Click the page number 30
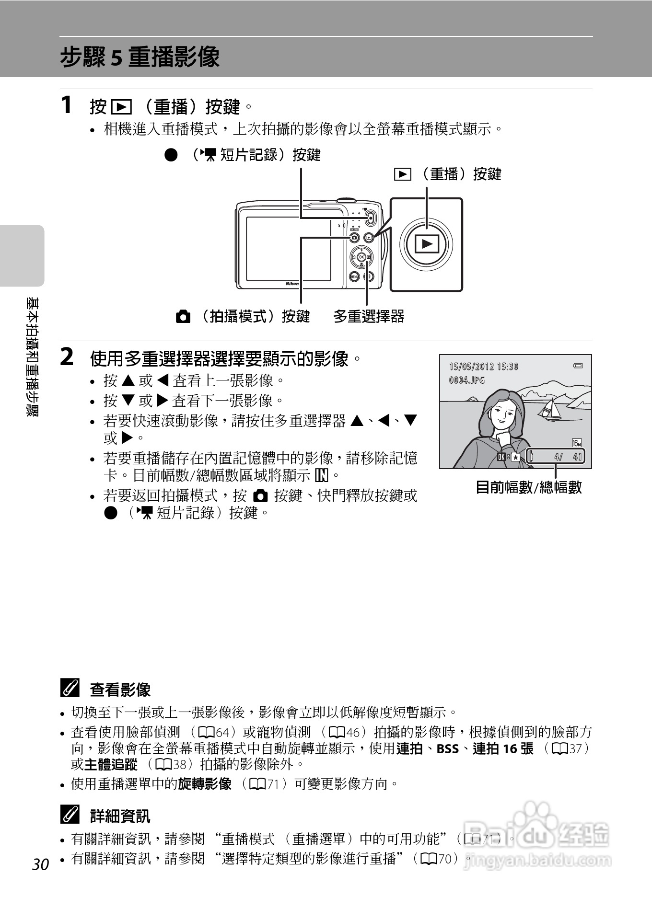click(x=41, y=864)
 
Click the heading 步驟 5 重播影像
click(x=140, y=57)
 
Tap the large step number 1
click(x=67, y=104)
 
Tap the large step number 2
click(x=67, y=357)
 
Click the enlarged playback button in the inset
click(x=426, y=244)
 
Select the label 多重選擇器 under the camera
click(x=369, y=316)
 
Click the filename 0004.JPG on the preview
click(x=466, y=380)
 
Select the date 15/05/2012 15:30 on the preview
click(x=483, y=367)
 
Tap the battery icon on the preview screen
click(x=578, y=366)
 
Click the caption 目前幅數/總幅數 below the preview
click(x=528, y=487)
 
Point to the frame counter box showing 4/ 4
click(x=556, y=456)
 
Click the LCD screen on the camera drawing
click(x=289, y=248)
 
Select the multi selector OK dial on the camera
click(x=361, y=257)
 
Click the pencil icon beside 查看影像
click(x=69, y=689)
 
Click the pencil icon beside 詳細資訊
click(x=69, y=815)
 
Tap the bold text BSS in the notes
click(x=447, y=748)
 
